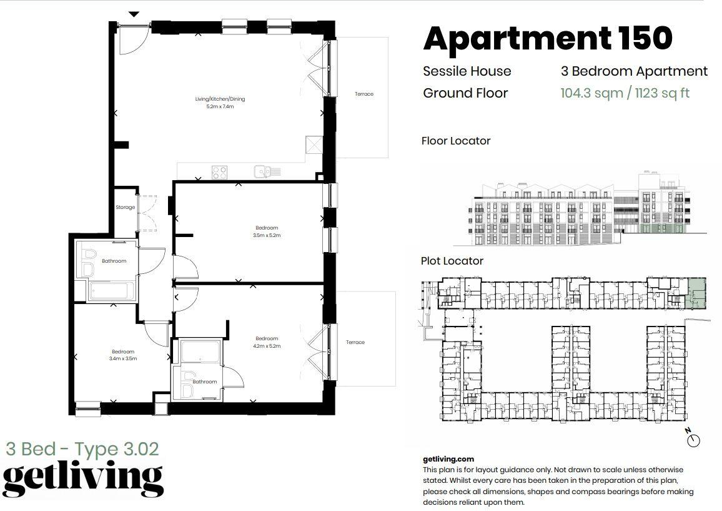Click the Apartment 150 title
click(x=548, y=38)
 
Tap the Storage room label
click(x=126, y=207)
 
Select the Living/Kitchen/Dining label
click(x=220, y=99)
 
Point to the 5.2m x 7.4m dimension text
click(x=220, y=106)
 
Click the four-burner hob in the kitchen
click(x=219, y=173)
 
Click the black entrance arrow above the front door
click(x=134, y=14)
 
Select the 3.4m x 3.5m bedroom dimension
click(x=123, y=358)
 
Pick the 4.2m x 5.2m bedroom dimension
click(x=267, y=346)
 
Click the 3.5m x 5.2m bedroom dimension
click(x=267, y=235)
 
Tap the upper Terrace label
click(x=363, y=94)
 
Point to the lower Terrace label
click(x=355, y=342)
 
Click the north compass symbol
click(x=693, y=440)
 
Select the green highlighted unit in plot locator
click(x=695, y=294)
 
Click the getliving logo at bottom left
click(x=83, y=480)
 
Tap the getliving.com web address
click(x=448, y=459)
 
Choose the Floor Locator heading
click(x=456, y=141)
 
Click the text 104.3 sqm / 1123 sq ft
click(x=625, y=93)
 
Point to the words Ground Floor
click(x=465, y=93)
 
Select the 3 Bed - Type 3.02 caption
click(x=82, y=448)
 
